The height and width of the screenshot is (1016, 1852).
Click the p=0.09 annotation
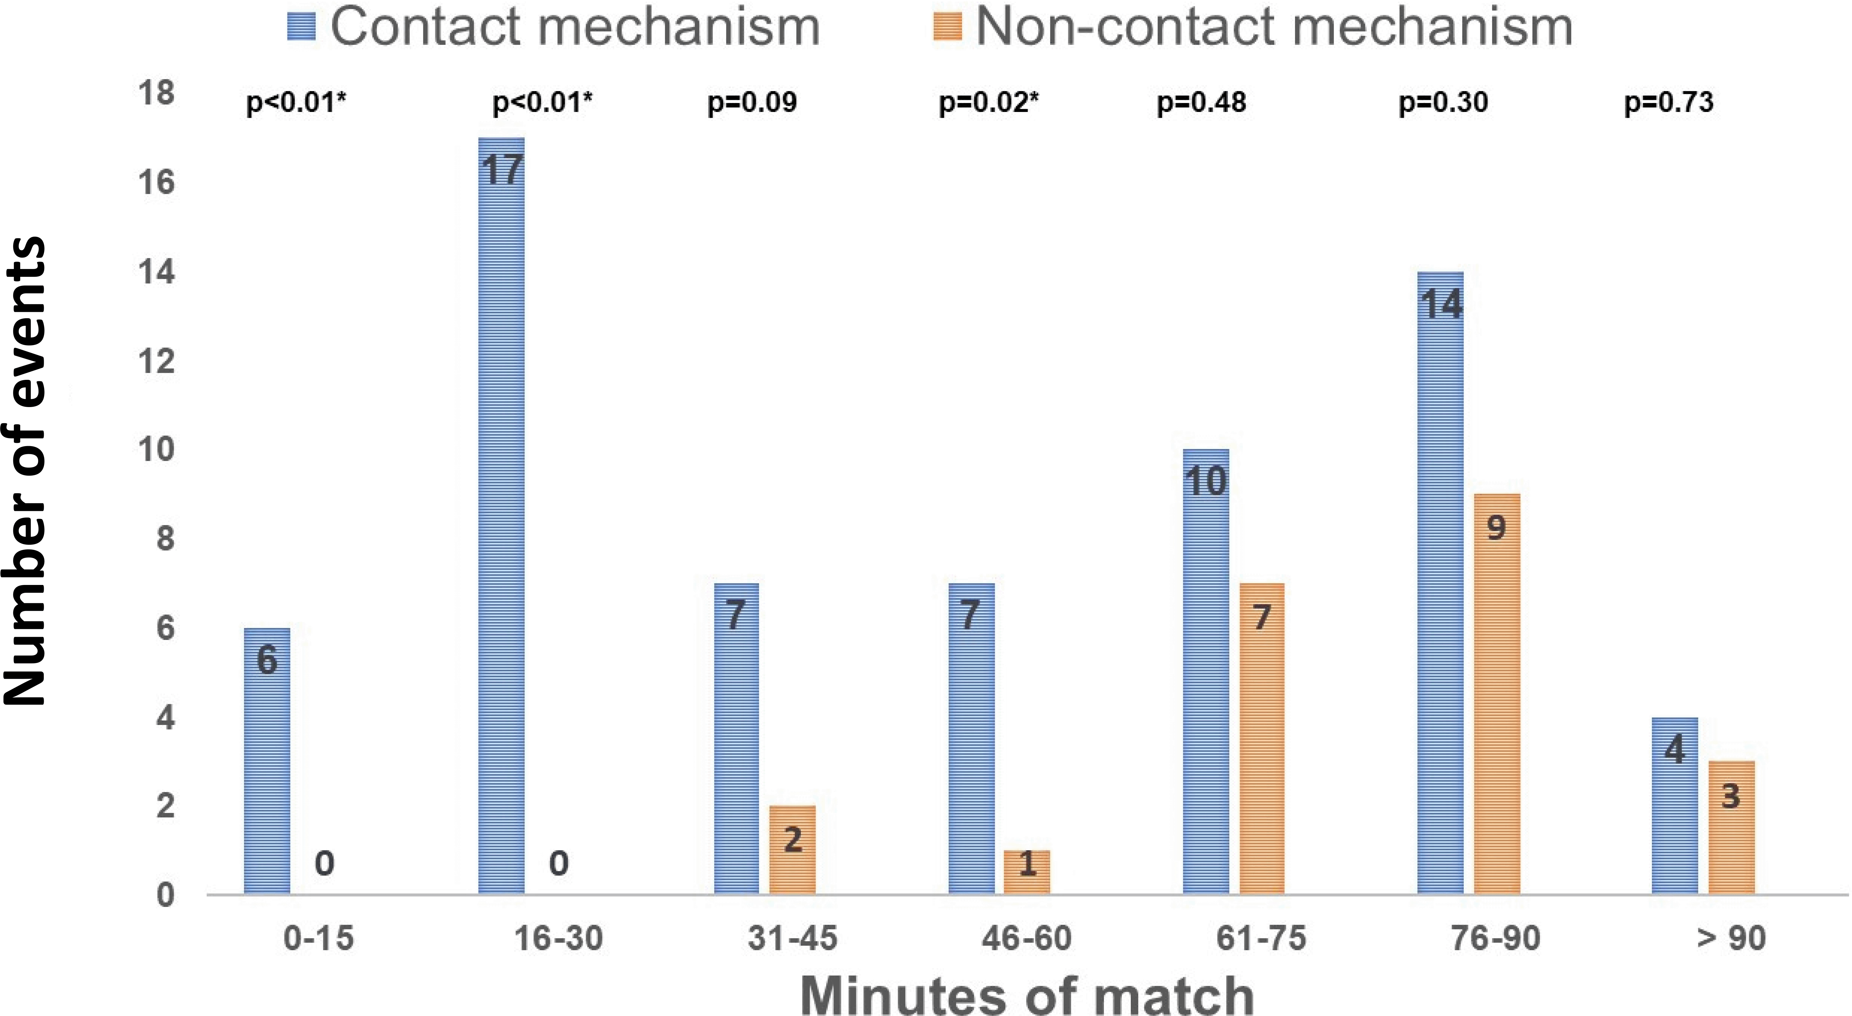pos(752,103)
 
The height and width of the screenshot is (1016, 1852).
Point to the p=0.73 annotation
pos(1669,103)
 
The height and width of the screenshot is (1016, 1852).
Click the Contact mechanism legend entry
pos(554,27)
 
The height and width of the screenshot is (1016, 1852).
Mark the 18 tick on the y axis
pos(156,93)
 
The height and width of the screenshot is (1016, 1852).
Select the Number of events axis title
pos(25,471)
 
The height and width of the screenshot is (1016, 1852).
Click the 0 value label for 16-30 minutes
pos(559,863)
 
